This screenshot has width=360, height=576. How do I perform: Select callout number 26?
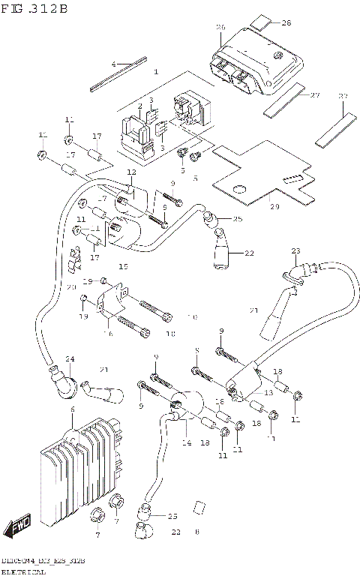[220, 27]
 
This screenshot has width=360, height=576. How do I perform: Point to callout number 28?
[286, 22]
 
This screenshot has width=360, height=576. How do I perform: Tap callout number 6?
[72, 409]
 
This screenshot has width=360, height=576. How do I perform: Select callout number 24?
[70, 359]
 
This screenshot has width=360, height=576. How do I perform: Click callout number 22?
[249, 253]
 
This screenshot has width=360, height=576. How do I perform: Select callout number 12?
[131, 172]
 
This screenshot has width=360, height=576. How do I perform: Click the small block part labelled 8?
[199, 507]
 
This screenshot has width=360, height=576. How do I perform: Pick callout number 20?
[71, 287]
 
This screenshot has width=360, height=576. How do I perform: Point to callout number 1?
[156, 72]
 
